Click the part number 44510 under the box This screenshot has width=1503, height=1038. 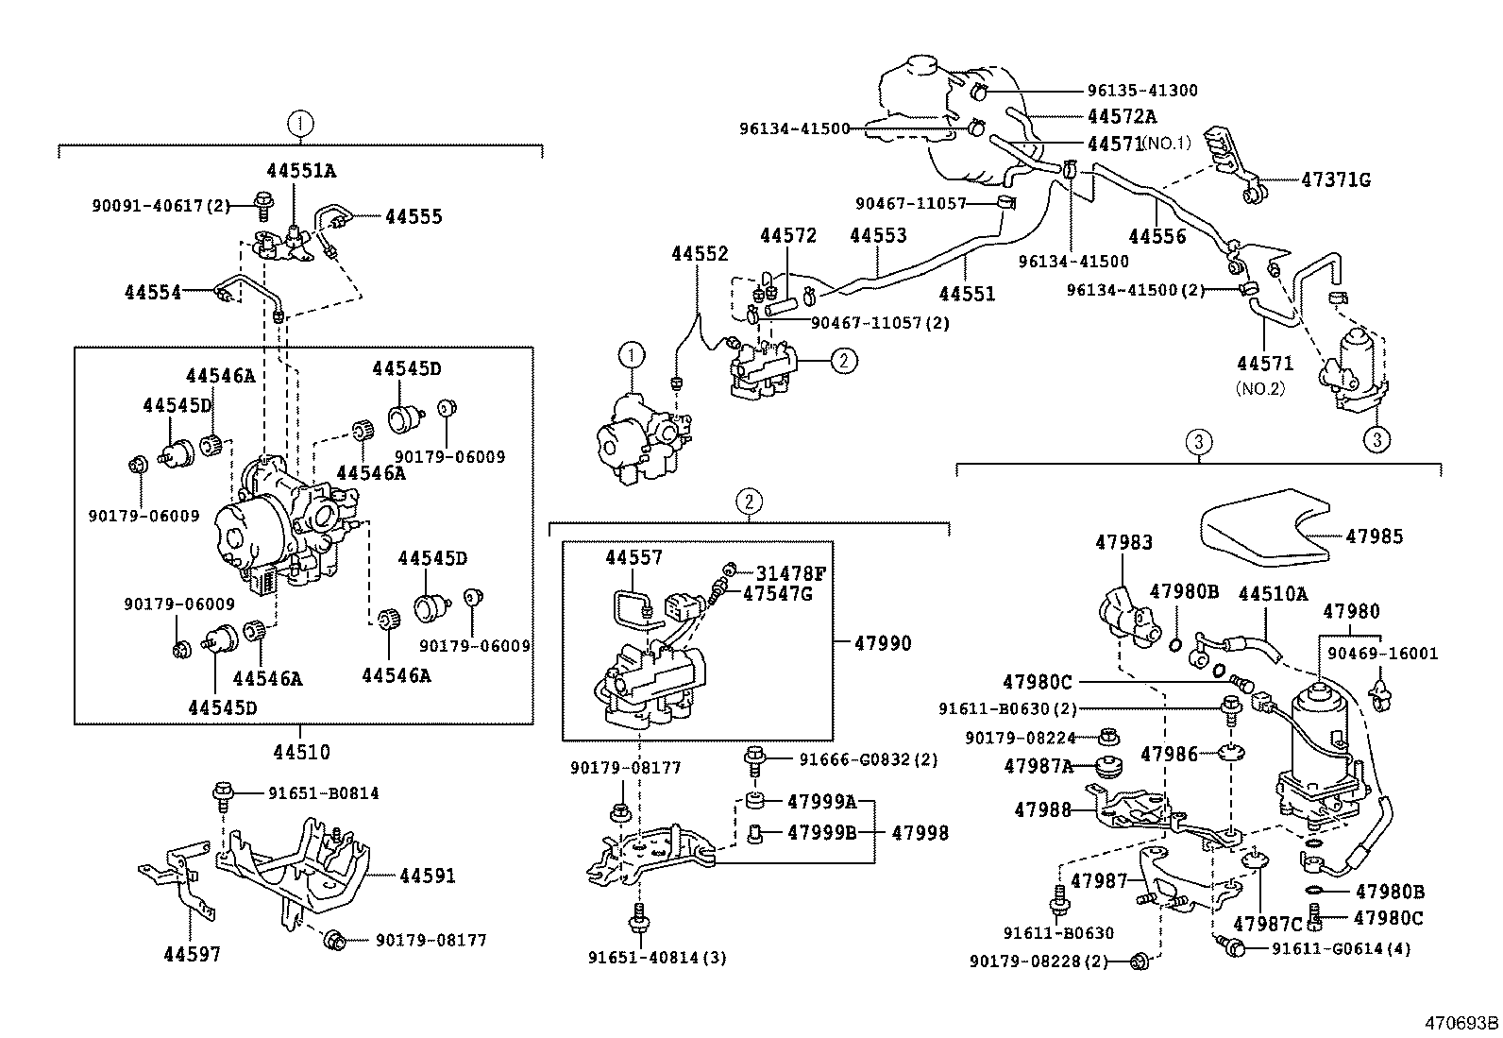tap(301, 753)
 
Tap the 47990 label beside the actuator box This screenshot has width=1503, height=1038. tap(883, 644)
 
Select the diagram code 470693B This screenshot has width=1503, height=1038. tap(1461, 1023)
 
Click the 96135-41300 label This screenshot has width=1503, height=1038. tap(1142, 91)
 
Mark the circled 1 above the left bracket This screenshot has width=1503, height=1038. tap(299, 122)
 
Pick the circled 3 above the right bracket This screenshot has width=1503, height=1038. tap(1197, 441)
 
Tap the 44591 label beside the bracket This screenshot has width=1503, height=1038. tap(427, 876)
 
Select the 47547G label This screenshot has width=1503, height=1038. tap(777, 593)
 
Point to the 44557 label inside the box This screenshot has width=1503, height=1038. tap(633, 558)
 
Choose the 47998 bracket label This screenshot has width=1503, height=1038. tap(920, 833)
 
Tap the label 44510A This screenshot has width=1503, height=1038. tap(1272, 593)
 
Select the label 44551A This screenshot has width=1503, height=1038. tap(300, 171)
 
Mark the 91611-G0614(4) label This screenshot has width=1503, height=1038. tap(1341, 948)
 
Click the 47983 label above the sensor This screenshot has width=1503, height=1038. tap(1123, 543)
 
